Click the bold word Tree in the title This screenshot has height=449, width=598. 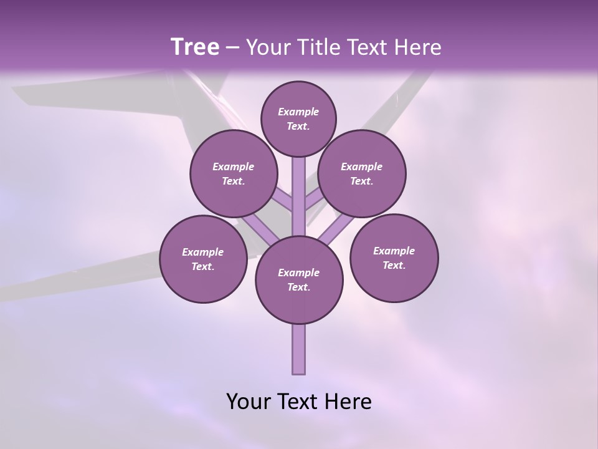pos(195,47)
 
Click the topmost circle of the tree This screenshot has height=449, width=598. pos(298,118)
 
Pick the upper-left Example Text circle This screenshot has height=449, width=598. pos(234,174)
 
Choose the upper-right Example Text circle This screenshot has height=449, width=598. pos(362,174)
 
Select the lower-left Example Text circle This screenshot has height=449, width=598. pos(203,259)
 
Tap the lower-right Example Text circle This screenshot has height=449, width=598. pos(394,258)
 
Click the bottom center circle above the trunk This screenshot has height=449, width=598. pos(299,280)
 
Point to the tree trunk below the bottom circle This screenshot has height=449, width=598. pos(299,349)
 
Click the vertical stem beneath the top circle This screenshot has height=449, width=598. pos(299,193)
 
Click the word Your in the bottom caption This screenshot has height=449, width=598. pos(248,402)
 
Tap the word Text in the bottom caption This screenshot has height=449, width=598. pos(297,402)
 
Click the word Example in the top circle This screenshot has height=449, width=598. pos(298,112)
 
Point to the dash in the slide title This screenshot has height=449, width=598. pos(232,48)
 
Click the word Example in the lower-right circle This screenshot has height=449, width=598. pos(394,251)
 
